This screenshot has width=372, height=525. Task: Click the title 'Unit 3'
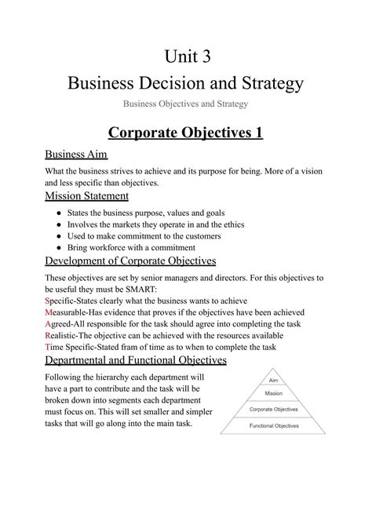pos(186,57)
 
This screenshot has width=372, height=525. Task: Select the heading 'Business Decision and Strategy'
pos(186,82)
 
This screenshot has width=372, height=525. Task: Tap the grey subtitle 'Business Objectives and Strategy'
pos(186,104)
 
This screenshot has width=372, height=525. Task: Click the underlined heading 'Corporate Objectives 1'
pos(186,132)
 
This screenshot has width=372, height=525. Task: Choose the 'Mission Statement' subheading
pos(86,195)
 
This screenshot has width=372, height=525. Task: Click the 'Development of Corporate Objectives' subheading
pos(131,261)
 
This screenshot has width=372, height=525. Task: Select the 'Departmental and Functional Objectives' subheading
pos(136,360)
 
